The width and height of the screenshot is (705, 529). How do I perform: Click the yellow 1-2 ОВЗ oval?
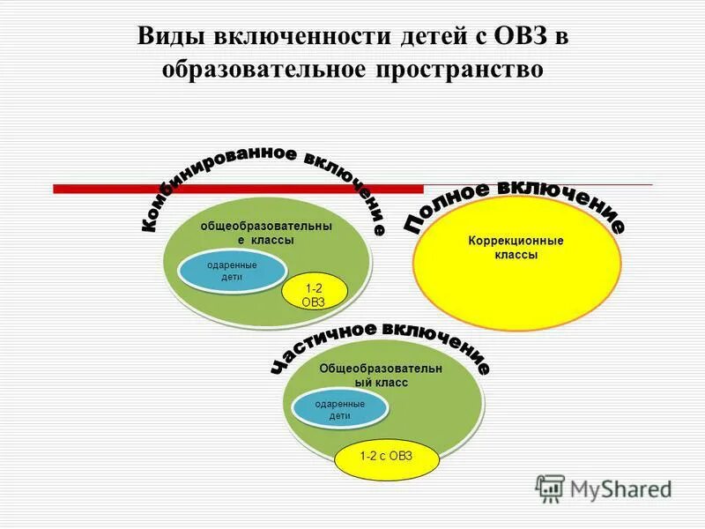(315, 294)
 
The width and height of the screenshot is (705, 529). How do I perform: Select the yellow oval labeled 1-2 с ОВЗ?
(385, 456)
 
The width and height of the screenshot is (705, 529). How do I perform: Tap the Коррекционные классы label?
(516, 247)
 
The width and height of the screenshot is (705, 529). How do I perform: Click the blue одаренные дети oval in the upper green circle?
(232, 271)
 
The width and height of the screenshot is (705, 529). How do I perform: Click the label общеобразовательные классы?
(266, 233)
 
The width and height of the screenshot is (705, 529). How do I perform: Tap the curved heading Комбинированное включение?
(264, 176)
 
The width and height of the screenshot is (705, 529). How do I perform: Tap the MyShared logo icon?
(550, 488)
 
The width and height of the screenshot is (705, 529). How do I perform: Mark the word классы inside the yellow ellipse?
(516, 255)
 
